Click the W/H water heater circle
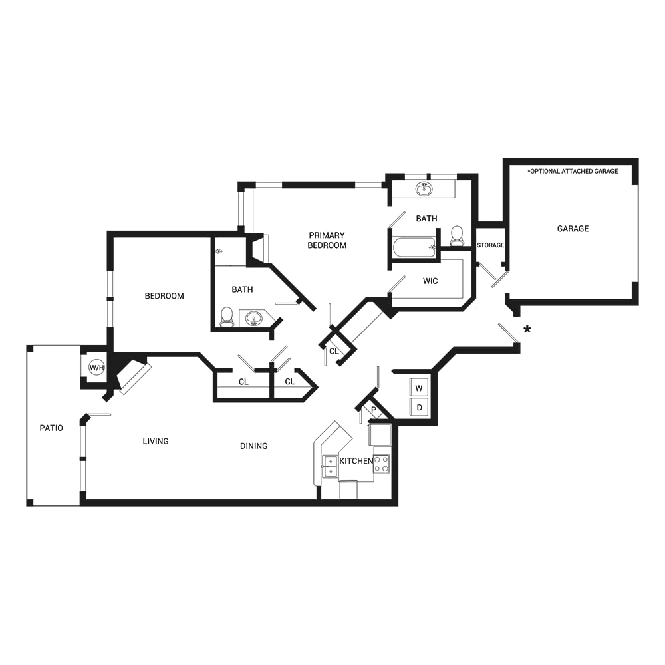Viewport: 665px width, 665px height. pyautogui.click(x=96, y=367)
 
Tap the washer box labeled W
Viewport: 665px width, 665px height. pyautogui.click(x=419, y=388)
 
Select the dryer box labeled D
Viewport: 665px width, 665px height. pyautogui.click(x=419, y=407)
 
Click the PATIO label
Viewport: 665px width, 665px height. pyautogui.click(x=51, y=428)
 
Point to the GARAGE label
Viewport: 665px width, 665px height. pyautogui.click(x=573, y=229)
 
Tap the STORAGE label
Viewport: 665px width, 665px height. pyautogui.click(x=490, y=245)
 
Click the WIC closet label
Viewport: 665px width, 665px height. pyautogui.click(x=430, y=281)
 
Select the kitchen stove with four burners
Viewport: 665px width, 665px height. pyautogui.click(x=382, y=464)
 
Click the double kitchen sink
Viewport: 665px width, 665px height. pyautogui.click(x=330, y=467)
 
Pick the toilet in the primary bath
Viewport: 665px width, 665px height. pyautogui.click(x=457, y=236)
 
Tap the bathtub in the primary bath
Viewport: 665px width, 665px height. pyautogui.click(x=414, y=247)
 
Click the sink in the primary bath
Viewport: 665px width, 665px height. pyautogui.click(x=424, y=188)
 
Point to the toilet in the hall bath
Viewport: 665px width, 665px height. pyautogui.click(x=227, y=317)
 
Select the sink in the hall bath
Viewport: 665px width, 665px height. pyautogui.click(x=253, y=318)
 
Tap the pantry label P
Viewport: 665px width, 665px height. pyautogui.click(x=374, y=410)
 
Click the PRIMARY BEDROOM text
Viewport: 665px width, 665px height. pyautogui.click(x=327, y=240)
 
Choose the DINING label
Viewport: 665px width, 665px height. pyautogui.click(x=253, y=446)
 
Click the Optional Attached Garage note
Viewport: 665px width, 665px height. pyautogui.click(x=573, y=171)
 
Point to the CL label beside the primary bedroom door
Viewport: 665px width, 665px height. pyautogui.click(x=334, y=351)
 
